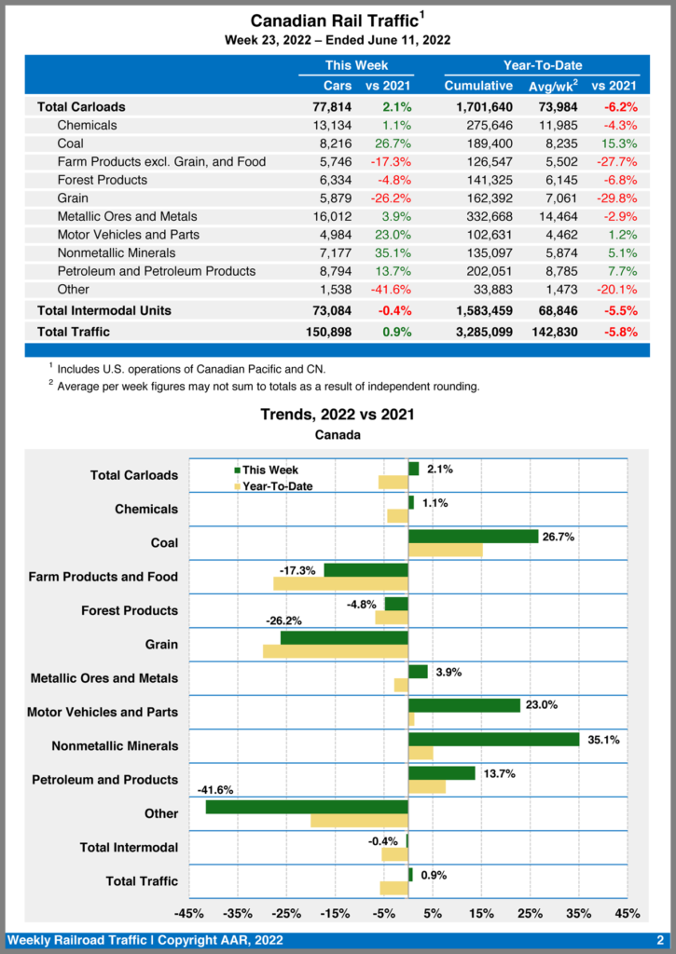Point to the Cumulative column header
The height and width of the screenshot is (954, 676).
(478, 86)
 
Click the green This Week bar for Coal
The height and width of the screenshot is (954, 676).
(473, 537)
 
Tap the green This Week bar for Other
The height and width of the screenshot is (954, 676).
(307, 807)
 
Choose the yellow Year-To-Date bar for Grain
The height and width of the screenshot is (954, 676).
(336, 651)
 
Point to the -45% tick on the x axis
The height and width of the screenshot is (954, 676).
(189, 913)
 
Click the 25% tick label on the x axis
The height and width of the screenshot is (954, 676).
(530, 913)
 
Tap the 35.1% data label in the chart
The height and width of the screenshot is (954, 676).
(603, 740)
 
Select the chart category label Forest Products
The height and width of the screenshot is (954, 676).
(130, 611)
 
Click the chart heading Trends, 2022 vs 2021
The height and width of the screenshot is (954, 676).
(338, 415)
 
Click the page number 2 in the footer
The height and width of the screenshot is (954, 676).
(660, 941)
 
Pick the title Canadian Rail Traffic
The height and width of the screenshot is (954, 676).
(334, 20)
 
